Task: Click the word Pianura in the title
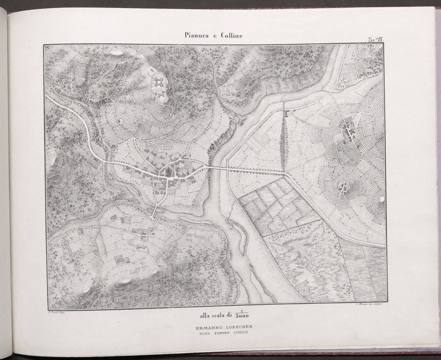coord(196,36)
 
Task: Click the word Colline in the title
coord(230,36)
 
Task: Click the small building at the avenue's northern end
coord(285,113)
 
